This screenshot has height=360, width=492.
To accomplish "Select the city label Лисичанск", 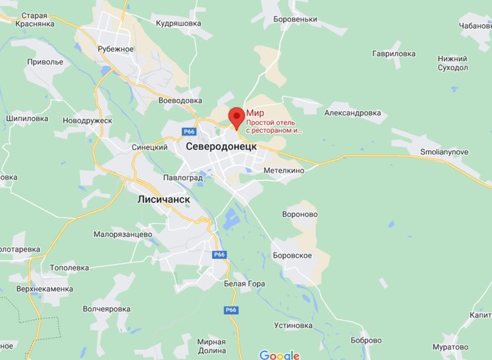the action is pyautogui.click(x=164, y=199).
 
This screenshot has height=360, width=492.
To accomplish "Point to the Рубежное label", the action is pyautogui.click(x=116, y=48).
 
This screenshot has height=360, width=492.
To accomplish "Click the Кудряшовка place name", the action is pyautogui.click(x=178, y=23).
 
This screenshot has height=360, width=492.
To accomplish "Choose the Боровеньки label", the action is pyautogui.click(x=295, y=19).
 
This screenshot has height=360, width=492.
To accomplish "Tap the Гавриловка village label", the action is pyautogui.click(x=394, y=54).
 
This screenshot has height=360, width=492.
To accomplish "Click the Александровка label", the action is pyautogui.click(x=352, y=113).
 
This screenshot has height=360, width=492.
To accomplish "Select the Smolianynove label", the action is pyautogui.click(x=444, y=152).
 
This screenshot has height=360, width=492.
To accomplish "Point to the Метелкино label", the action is pyautogui.click(x=283, y=171).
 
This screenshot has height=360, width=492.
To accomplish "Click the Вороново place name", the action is pyautogui.click(x=300, y=215).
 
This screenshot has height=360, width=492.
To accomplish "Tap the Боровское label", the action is pyautogui.click(x=292, y=255).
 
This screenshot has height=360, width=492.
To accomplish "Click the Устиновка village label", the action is pyautogui.click(x=293, y=325).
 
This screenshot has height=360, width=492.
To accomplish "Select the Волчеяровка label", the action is pyautogui.click(x=106, y=309).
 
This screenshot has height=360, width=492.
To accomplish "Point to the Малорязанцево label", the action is pyautogui.click(x=123, y=234).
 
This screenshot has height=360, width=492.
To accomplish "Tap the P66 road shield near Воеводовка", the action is pyautogui.click(x=189, y=132).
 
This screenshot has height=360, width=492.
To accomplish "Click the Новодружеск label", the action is pyautogui.click(x=87, y=120).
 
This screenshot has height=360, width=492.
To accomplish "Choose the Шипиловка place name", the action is pyautogui.click(x=27, y=119).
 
